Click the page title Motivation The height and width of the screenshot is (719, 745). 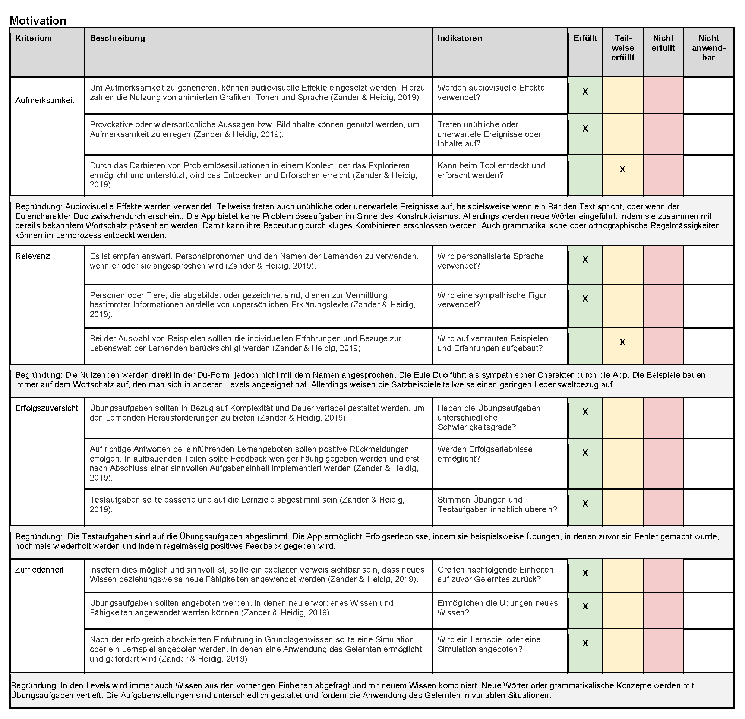[38, 20]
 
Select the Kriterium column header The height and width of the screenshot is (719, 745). [34, 38]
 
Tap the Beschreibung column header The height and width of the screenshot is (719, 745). [117, 38]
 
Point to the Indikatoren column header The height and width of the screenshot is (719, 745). [459, 38]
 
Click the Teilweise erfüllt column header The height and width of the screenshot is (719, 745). [623, 48]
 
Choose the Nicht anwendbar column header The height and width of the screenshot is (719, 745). [708, 48]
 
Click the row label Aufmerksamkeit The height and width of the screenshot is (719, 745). [45, 100]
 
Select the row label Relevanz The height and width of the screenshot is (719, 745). [32, 256]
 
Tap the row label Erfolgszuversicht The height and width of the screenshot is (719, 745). [46, 408]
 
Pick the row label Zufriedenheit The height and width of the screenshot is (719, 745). [39, 570]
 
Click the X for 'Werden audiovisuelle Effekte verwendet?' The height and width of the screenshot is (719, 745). [585, 92]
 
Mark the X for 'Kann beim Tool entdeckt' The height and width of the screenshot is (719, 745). [622, 170]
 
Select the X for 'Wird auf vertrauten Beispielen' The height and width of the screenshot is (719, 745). [622, 342]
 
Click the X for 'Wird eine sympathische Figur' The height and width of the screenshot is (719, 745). [585, 299]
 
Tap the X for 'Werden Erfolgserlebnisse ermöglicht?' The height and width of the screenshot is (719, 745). [585, 453]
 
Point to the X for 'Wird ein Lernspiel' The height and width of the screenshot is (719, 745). [585, 643]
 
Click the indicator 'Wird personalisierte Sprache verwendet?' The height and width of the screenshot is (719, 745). [490, 261]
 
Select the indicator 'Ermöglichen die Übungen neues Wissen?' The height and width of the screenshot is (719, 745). [497, 608]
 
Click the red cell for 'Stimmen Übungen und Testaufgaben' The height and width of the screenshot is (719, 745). [663, 507]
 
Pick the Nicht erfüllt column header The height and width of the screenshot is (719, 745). [663, 43]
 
